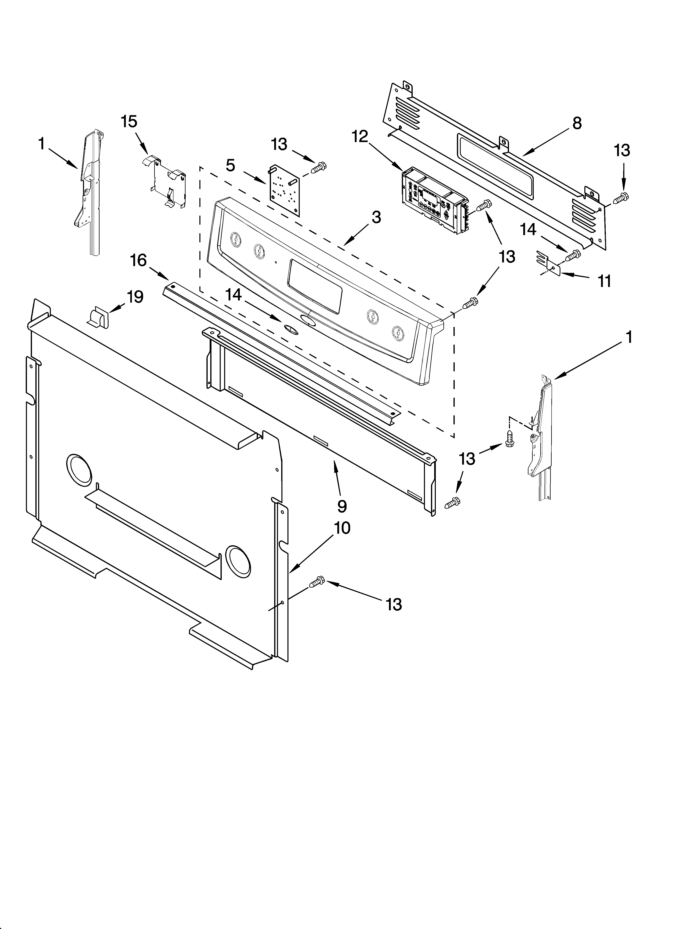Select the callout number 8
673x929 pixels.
coord(577,123)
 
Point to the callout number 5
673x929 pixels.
coord(231,166)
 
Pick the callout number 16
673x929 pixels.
coord(138,260)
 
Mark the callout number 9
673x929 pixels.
coord(342,506)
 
